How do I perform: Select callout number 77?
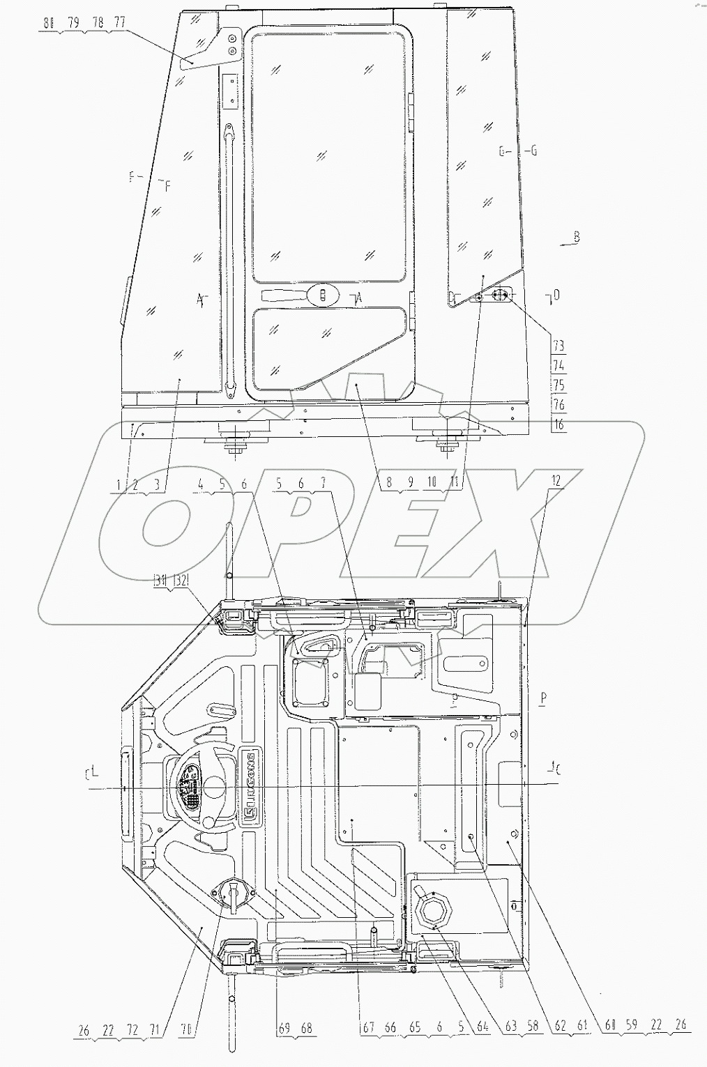point(119,23)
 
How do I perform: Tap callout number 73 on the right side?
point(558,346)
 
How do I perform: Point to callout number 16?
point(558,424)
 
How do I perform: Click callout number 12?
point(555,482)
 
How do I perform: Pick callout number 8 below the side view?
point(389,482)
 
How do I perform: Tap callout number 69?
point(282,1027)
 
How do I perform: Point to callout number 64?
point(482,1027)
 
